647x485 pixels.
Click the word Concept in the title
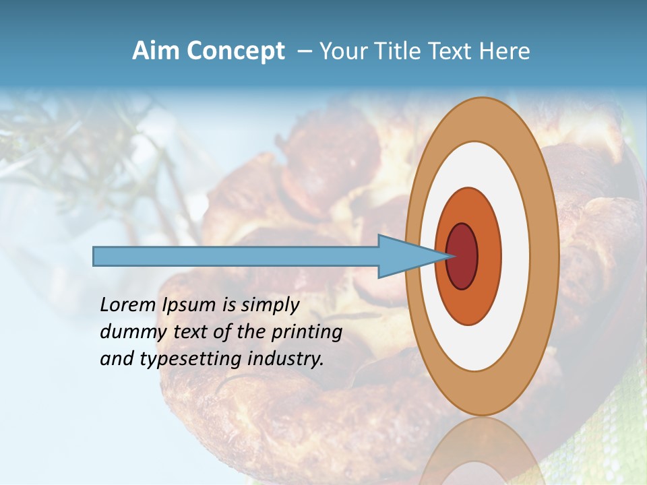[236, 52]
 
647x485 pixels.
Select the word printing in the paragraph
[306, 331]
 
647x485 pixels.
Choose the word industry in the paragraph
[286, 359]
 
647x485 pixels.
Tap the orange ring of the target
[488, 256]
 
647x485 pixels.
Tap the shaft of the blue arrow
[236, 256]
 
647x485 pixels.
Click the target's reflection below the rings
[482, 451]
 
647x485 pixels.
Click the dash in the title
[304, 52]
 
